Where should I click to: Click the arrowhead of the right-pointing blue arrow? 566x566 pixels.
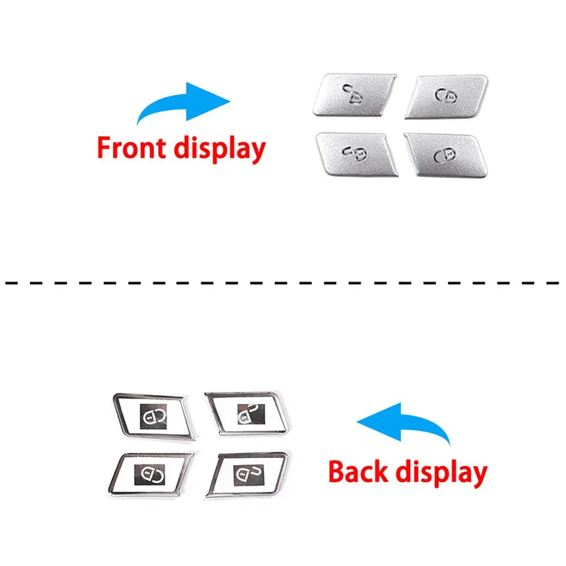(214, 101)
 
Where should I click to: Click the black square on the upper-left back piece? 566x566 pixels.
(153, 417)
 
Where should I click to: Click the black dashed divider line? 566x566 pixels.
(283, 281)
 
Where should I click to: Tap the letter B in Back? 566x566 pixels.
(338, 471)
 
